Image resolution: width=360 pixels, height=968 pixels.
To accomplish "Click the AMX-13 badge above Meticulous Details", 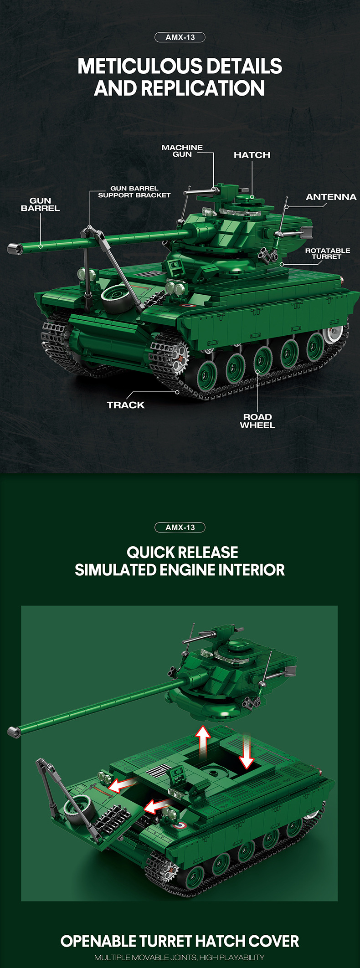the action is point(180,37).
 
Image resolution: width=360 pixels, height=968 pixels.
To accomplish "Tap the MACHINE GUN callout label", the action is point(182,151).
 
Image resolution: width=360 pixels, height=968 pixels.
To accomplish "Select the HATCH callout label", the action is point(252,155).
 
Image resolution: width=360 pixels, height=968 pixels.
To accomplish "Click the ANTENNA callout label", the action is point(331,197).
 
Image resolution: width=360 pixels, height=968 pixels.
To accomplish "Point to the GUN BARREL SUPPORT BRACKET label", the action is point(134,192).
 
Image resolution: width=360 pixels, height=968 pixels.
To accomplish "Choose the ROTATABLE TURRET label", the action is point(328,253).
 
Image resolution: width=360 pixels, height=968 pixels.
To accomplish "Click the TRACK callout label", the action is point(126,405).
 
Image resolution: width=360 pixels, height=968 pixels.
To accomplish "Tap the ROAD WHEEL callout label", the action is point(257,421).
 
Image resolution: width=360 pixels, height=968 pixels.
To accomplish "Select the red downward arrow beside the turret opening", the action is point(247,751).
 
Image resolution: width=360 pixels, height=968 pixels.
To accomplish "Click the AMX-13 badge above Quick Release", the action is point(180,528).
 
